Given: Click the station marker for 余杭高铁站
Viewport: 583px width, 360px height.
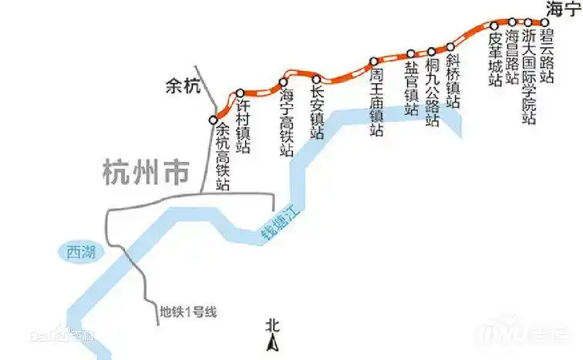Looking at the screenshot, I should coord(214,119).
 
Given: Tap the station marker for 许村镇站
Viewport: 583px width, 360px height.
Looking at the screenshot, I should coord(240,93).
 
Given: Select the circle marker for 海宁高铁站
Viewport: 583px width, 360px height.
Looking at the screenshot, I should coord(283,82).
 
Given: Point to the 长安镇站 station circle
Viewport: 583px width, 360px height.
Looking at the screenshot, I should coord(316,78).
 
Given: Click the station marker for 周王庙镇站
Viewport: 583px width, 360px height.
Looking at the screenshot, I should coord(373,61).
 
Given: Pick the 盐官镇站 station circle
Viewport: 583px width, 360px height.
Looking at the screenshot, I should coord(411,54).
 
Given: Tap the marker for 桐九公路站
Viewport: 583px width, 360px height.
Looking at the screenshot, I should coord(432,51).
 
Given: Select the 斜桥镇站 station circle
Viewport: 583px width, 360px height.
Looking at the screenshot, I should coord(451,47).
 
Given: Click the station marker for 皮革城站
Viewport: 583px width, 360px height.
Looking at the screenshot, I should coord(494,26).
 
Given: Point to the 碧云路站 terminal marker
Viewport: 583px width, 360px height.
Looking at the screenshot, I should coord(544,22).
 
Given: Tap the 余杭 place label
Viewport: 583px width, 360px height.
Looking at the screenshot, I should coord(183,87).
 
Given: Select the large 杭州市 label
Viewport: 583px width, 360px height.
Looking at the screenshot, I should coord(145,172).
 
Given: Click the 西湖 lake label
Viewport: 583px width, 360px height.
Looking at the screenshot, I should coord(79,251).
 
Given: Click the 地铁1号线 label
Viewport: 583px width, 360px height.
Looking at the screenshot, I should coord(190,311).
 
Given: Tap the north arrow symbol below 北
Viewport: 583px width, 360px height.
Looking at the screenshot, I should coord(271,343).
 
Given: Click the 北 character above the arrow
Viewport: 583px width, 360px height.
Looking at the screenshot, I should coord(271,325).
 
